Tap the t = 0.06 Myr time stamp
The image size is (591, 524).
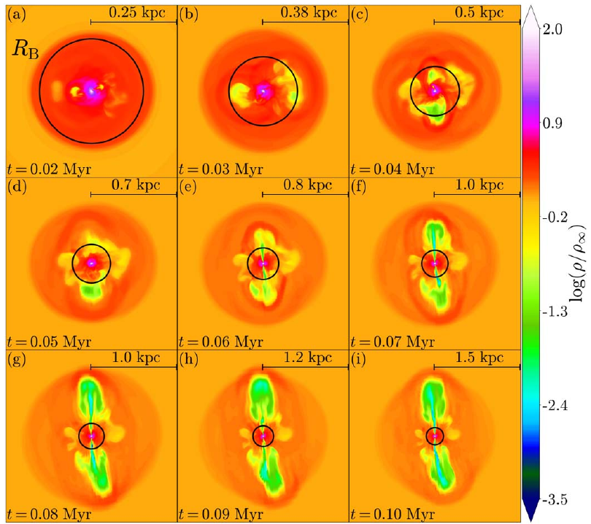tap(221, 340)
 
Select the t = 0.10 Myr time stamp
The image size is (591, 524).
tap(393, 512)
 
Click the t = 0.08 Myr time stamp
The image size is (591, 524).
tap(49, 512)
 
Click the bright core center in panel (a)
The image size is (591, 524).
tap(91, 90)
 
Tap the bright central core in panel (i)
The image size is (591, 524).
tap(435, 436)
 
